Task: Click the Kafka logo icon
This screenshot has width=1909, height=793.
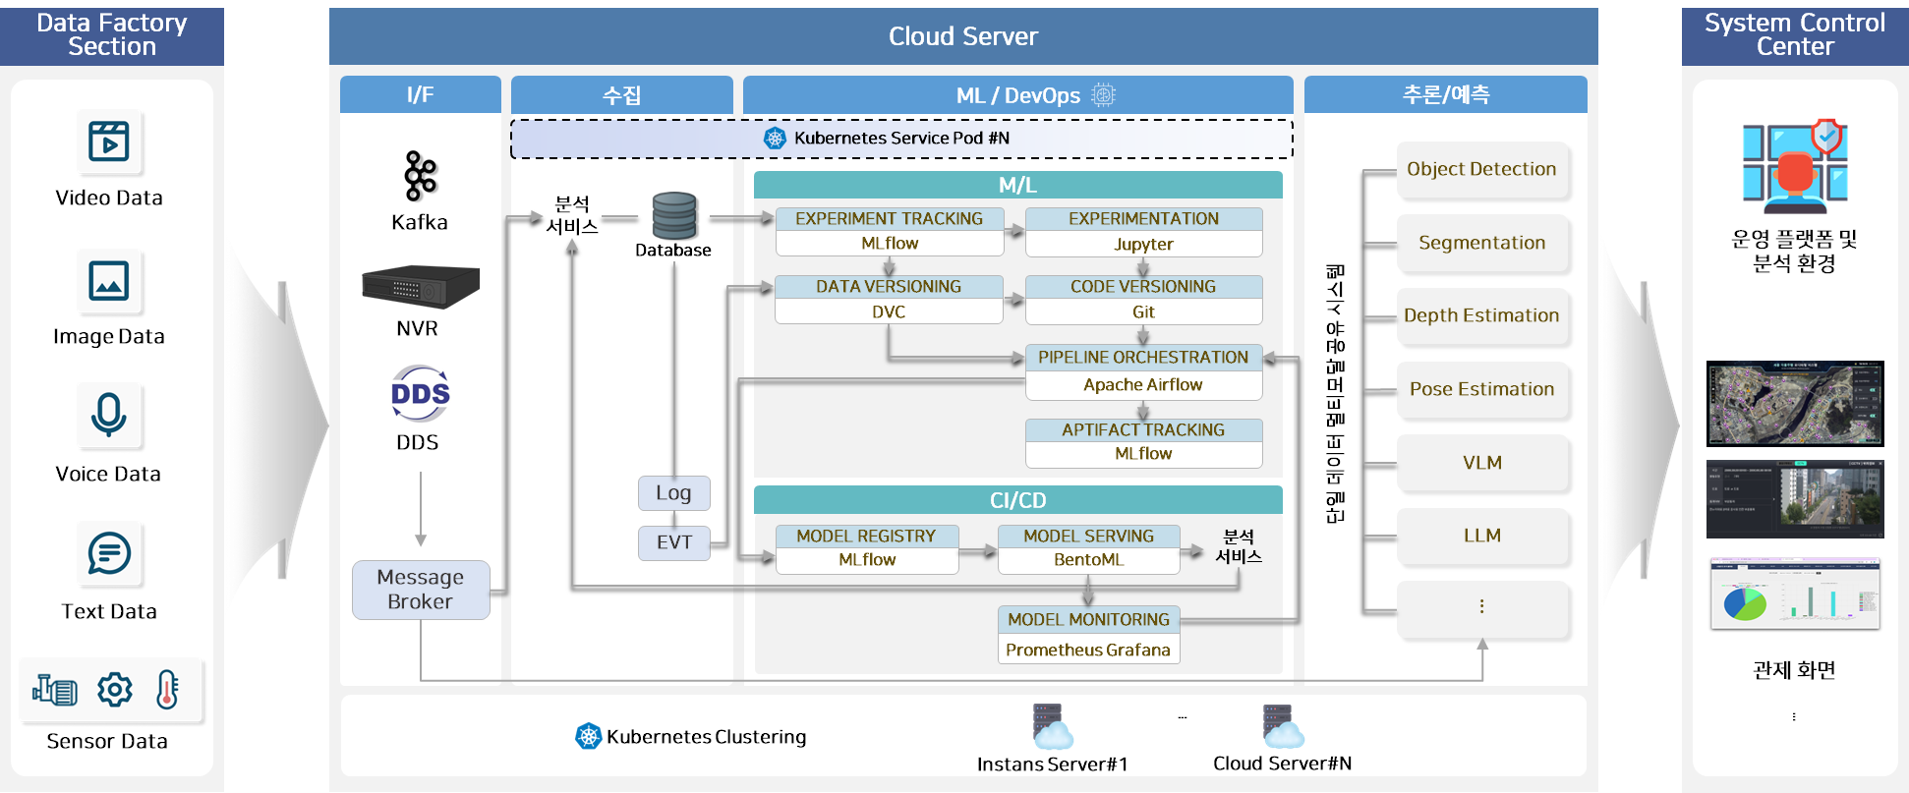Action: coord(420,177)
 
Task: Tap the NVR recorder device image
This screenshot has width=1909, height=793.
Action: coord(421,287)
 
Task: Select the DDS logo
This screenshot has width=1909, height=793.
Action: coord(420,394)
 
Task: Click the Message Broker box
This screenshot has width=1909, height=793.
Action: coord(421,590)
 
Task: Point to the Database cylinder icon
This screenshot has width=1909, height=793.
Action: coord(674,216)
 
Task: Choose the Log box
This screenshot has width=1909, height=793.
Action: coord(673,493)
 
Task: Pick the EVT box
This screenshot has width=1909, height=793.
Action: coord(673,542)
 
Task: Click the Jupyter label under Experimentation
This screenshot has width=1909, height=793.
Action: coord(1143,244)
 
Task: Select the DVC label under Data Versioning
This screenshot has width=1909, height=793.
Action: coord(889,312)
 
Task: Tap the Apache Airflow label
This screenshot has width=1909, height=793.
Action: coord(1143,385)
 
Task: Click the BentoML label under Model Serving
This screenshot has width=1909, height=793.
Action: coord(1088,560)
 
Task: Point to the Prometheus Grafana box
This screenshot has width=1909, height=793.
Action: coord(1088,650)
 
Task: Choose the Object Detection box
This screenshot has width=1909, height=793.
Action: coord(1481,169)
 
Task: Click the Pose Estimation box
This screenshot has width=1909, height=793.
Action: coord(1481,389)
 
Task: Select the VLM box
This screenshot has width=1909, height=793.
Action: coord(1481,463)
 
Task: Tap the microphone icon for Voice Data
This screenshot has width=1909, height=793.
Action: coord(108,415)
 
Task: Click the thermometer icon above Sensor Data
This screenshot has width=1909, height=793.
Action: coord(167,690)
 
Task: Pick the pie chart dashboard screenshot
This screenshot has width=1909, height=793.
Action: coord(1795,595)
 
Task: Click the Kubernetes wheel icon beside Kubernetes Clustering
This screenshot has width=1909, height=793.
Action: coord(588,736)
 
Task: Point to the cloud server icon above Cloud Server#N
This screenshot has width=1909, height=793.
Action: coord(1282,726)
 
